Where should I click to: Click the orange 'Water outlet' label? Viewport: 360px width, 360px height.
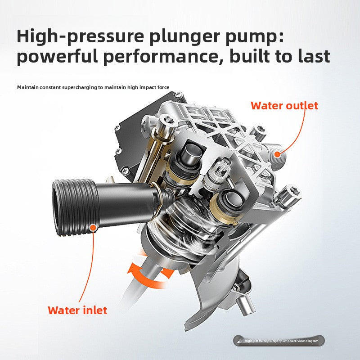(284, 106)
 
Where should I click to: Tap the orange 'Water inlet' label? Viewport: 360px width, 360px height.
(77, 310)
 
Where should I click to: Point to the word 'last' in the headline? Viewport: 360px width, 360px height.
(311, 57)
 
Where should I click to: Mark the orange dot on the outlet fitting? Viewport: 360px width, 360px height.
(278, 154)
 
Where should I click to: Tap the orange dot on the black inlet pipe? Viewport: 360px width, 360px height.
(93, 228)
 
